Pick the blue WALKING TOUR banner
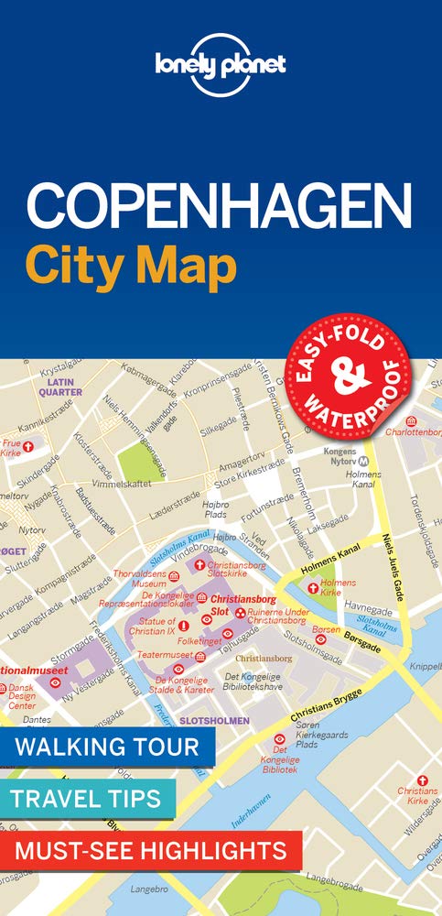click(x=107, y=746)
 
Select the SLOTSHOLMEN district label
click(x=214, y=721)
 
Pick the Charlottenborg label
click(x=414, y=431)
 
